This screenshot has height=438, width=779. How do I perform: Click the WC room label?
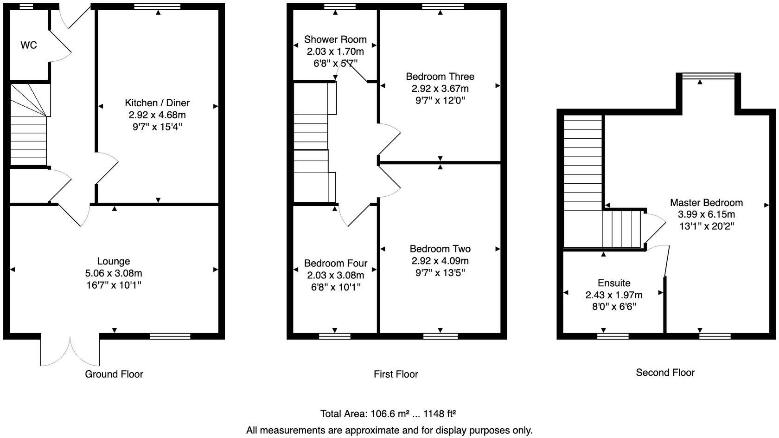coord(29,45)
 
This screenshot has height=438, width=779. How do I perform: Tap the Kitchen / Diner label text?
coord(157,103)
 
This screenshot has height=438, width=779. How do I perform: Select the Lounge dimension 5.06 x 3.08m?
coord(113,273)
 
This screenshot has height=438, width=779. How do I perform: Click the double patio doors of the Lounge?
coord(70,350)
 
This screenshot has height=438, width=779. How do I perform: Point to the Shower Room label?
coord(335,39)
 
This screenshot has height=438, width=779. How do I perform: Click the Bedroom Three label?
coord(440,77)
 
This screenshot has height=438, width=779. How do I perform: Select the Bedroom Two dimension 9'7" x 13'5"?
coord(440,273)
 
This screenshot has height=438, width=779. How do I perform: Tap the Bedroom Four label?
coord(335,263)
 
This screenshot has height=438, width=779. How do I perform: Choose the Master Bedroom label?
coord(706,203)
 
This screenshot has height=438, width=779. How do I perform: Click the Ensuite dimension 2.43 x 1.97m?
coord(613,295)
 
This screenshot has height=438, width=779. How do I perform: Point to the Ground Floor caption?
coord(114,374)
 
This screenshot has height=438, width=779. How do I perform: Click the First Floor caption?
coord(396,374)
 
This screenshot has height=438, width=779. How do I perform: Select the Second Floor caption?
coord(664,373)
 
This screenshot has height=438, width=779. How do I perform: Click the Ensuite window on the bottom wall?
coord(612,336)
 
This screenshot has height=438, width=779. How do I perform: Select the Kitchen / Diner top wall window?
coord(157,6)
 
